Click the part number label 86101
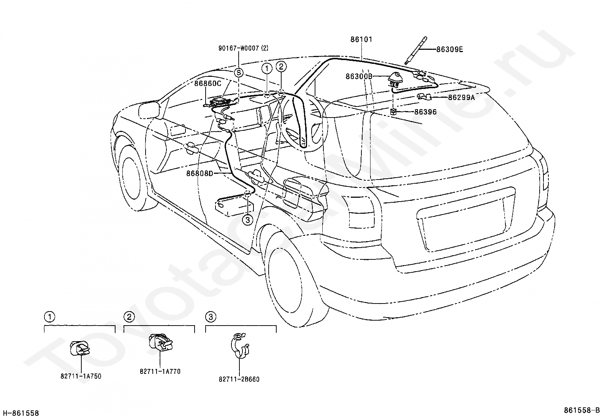[361, 40]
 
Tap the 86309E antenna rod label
[450, 49]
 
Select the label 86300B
[359, 76]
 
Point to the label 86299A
[461, 97]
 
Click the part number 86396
[425, 112]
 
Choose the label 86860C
[207, 84]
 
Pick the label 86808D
[200, 173]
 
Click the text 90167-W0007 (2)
[243, 48]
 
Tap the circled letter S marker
[239, 73]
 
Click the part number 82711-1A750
[81, 376]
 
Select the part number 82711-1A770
[160, 372]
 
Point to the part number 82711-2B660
[239, 379]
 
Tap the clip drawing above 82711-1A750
[80, 348]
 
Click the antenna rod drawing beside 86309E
[416, 50]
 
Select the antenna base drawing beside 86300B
[394, 79]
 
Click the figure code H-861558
[21, 413]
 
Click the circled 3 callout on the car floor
[248, 220]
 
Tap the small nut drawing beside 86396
[394, 111]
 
